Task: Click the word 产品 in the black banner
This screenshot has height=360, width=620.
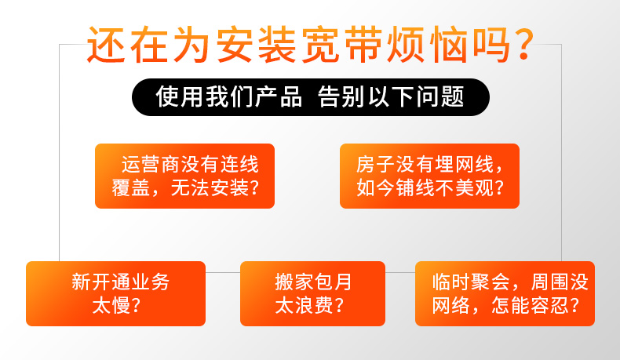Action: (x=279, y=96)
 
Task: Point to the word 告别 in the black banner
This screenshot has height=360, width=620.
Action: (x=341, y=96)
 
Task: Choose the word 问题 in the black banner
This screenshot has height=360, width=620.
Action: (x=440, y=96)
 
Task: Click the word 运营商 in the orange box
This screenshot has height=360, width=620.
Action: (x=151, y=165)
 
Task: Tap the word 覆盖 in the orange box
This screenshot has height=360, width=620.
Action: (x=131, y=187)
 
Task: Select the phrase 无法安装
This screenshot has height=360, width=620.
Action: (x=210, y=187)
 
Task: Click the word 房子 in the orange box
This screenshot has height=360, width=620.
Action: (x=375, y=165)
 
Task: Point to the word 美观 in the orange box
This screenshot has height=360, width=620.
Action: (x=474, y=187)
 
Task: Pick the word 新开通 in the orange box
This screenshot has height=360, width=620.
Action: (x=100, y=282)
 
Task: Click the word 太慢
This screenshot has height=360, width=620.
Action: (x=111, y=305)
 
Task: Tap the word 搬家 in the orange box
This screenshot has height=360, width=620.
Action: (x=294, y=282)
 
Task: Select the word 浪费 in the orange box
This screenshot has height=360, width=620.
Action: (x=314, y=305)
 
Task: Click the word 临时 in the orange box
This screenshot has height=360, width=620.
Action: (x=450, y=282)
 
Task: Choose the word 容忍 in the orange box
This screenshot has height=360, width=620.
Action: (x=549, y=305)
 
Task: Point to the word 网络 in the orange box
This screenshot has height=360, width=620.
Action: (x=450, y=305)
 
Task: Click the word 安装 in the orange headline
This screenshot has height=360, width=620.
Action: (x=256, y=44)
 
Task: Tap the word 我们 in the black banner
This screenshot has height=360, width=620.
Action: (x=229, y=96)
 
